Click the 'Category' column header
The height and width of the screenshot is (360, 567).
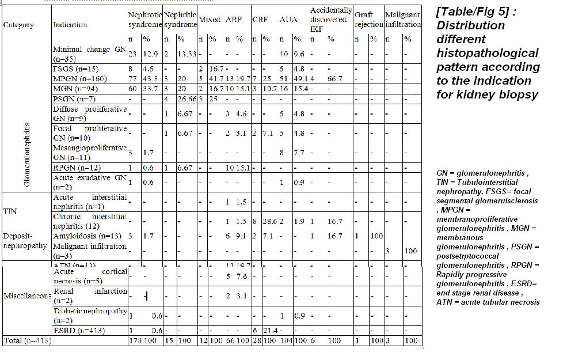pyautogui.click(x=18, y=25)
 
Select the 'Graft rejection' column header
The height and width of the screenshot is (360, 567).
pyautogui.click(x=368, y=19)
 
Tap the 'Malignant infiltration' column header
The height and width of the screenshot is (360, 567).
pyautogui.click(x=403, y=19)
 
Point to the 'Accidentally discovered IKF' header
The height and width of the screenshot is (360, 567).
pyautogui.click(x=331, y=19)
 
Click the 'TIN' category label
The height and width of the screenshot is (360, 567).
pyautogui.click(x=10, y=211)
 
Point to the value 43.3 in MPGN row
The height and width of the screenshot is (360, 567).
pyautogui.click(x=151, y=78)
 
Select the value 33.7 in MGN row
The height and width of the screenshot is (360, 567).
pyautogui.click(x=151, y=88)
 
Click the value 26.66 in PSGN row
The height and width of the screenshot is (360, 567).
pyautogui.click(x=187, y=99)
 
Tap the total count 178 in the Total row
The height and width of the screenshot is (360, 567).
pyautogui.click(x=134, y=340)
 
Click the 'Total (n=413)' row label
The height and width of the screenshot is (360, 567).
pyautogui.click(x=28, y=340)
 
